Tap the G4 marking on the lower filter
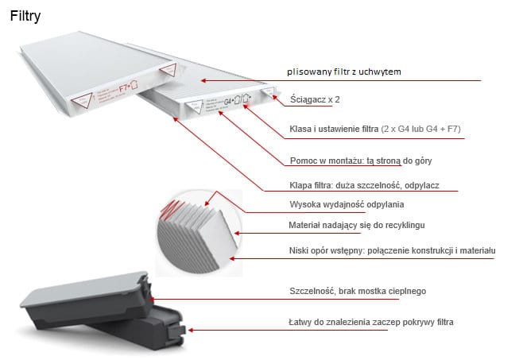pyautogui.click(x=230, y=102)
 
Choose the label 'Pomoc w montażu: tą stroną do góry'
pyautogui.click(x=360, y=161)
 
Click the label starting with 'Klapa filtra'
pyautogui.click(x=363, y=186)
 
